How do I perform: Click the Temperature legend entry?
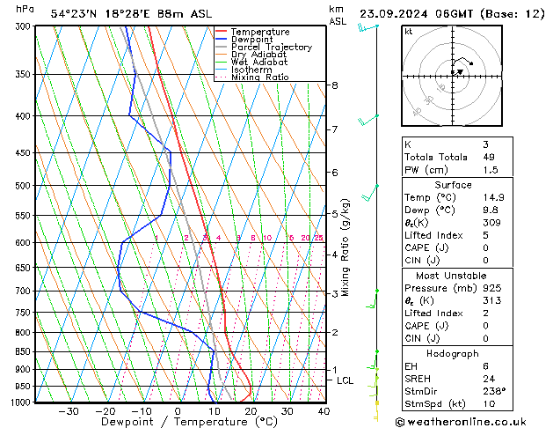(x=260, y=32)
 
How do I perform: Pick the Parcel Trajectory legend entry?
(x=271, y=48)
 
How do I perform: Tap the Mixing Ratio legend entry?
(x=259, y=77)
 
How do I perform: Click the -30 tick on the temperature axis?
(x=68, y=411)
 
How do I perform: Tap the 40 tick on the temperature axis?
(x=324, y=411)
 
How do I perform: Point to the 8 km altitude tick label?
(x=335, y=85)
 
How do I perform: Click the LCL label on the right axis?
(x=346, y=380)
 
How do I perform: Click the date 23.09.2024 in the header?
(x=393, y=13)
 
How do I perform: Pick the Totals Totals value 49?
(x=489, y=157)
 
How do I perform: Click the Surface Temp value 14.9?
(x=492, y=197)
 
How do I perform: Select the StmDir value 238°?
(x=494, y=391)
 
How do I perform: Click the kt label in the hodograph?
(x=408, y=31)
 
